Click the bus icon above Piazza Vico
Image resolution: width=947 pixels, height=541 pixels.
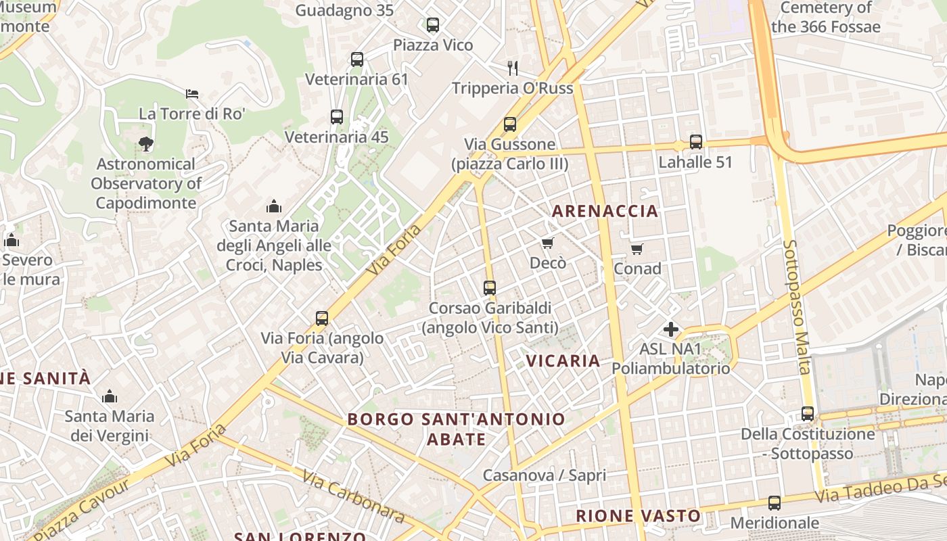click(433, 25)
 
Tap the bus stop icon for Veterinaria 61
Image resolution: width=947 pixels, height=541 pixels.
click(357, 60)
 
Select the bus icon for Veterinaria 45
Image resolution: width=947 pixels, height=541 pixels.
click(337, 117)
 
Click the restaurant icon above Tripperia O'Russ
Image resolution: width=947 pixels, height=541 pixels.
click(513, 68)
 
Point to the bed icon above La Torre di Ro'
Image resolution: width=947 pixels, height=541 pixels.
click(192, 93)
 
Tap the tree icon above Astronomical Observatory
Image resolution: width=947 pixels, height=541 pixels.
click(145, 143)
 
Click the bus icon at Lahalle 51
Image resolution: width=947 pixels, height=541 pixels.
click(696, 142)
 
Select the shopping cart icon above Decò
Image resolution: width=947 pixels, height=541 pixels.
click(548, 243)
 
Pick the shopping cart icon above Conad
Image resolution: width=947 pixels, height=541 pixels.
click(637, 250)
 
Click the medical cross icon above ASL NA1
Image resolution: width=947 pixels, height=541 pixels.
click(671, 329)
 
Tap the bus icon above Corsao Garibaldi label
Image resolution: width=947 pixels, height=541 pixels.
click(490, 288)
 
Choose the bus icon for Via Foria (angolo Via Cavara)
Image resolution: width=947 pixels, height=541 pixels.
click(322, 318)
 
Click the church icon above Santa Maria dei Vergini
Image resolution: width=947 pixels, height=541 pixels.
click(109, 396)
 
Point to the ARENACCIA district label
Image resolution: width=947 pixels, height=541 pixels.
click(605, 211)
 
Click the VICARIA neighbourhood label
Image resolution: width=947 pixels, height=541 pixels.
click(563, 361)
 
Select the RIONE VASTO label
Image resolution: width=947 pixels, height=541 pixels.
click(638, 516)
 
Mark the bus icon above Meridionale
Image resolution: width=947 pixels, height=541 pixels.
click(775, 503)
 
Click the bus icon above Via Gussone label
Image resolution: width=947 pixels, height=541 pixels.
click(510, 124)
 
